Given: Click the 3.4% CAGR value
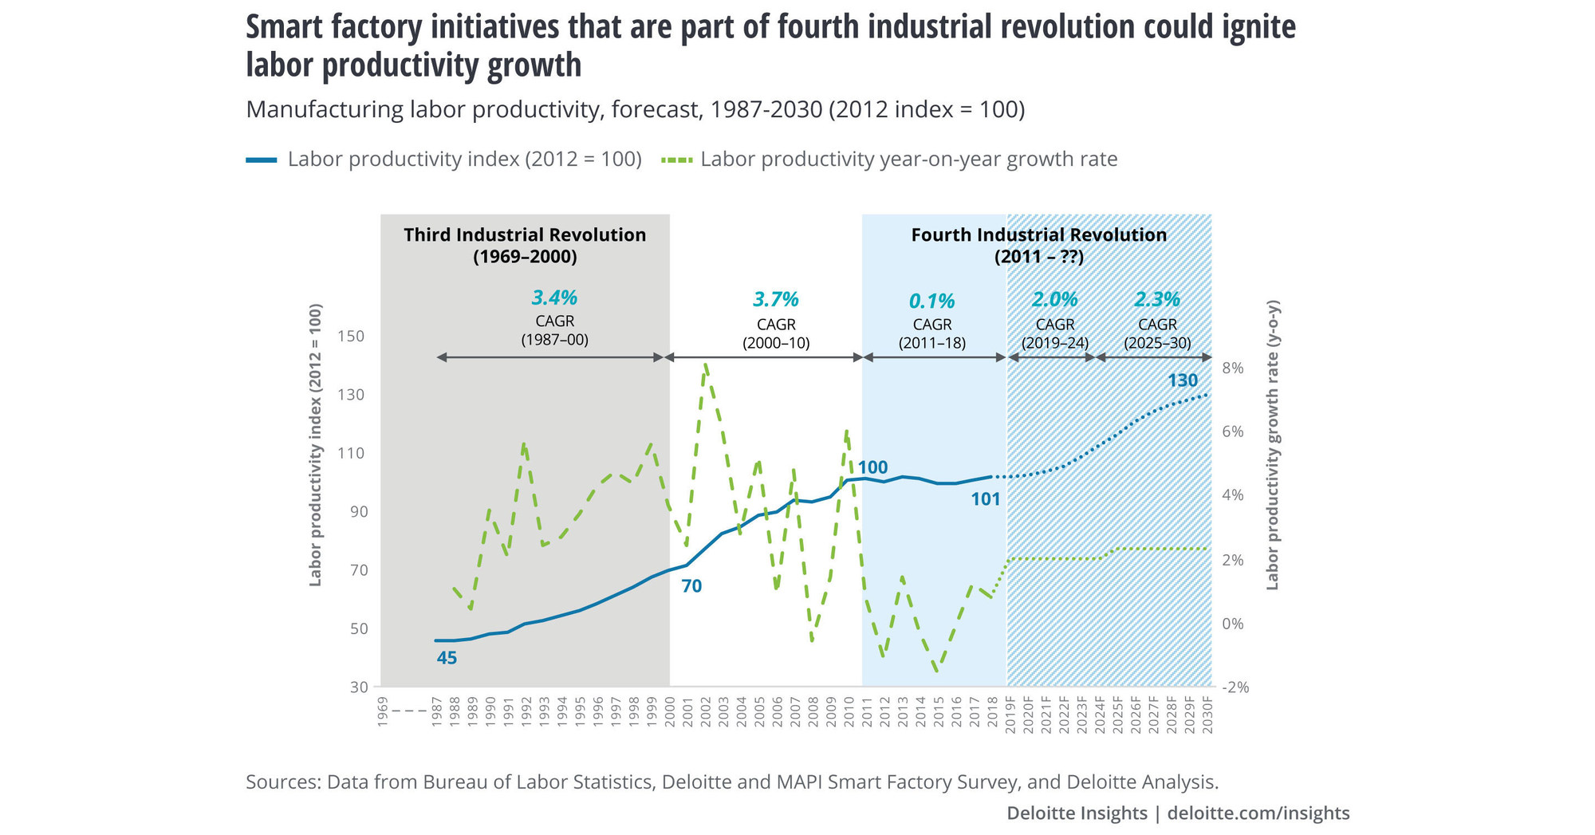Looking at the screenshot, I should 554,298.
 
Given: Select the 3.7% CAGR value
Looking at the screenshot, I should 775,300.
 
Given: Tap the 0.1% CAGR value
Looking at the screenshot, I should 931,301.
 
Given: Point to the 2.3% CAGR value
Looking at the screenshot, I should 1156,300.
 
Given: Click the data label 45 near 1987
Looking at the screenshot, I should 447,659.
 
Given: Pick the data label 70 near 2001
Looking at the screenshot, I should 691,587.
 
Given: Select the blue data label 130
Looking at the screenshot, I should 1183,381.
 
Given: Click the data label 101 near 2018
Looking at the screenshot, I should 985,500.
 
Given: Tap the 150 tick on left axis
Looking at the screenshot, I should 351,337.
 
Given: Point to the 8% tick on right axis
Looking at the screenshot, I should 1232,368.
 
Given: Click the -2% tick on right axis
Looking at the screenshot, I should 1235,687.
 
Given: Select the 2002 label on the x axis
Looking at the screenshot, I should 706,711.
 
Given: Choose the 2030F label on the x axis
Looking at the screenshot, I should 1207,715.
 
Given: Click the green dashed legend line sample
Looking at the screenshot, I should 676,160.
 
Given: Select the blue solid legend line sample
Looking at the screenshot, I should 262,160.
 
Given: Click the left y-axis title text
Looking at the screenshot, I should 316,445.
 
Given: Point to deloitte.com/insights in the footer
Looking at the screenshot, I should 1258,813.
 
